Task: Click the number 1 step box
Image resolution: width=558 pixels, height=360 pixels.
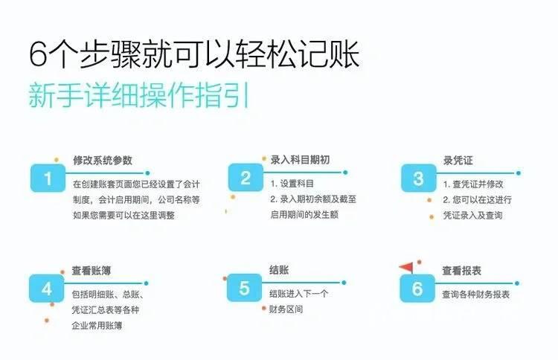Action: tap(48, 178)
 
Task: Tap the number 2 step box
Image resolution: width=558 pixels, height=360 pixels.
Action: tap(246, 177)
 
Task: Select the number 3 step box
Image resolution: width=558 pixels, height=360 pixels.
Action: tap(418, 178)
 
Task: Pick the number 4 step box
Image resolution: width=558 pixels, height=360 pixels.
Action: tap(47, 288)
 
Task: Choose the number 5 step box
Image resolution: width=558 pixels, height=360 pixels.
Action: tap(244, 288)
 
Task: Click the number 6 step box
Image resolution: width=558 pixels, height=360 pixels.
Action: tap(417, 288)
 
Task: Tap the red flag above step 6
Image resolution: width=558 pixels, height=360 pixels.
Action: tap(407, 267)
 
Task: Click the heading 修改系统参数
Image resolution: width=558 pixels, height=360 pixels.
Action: tap(103, 160)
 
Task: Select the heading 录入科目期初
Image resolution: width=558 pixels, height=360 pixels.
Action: tap(300, 160)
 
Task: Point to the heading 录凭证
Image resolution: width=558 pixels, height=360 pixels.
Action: tap(458, 161)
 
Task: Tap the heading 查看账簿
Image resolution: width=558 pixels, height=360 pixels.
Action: tap(92, 270)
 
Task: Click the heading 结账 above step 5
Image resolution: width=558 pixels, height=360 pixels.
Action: tap(279, 270)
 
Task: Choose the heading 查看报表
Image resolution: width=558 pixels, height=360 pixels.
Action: tap(461, 271)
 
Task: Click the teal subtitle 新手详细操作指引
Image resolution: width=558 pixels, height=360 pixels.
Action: tap(139, 95)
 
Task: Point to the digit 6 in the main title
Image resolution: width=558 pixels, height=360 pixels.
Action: tap(38, 54)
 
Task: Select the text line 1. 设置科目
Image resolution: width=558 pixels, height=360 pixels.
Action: tap(292, 184)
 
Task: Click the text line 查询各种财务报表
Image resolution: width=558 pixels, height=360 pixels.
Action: tap(476, 295)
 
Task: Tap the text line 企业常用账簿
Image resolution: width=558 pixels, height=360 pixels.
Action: tap(97, 325)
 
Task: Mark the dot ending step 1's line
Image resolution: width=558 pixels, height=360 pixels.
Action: tap(147, 173)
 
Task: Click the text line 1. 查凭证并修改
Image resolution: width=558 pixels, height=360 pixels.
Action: tap(473, 184)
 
